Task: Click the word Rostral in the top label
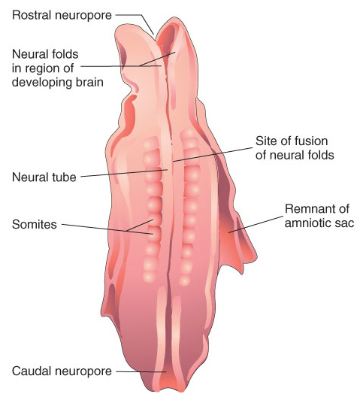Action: pyautogui.click(x=31, y=15)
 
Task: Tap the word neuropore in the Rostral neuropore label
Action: pyautogui.click(x=83, y=16)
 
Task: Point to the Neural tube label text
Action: pyautogui.click(x=44, y=177)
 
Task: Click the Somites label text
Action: pyautogui.click(x=35, y=224)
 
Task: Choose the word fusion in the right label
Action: pyautogui.click(x=310, y=141)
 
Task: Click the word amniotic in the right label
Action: pyautogui.click(x=310, y=223)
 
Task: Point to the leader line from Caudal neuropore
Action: pyautogui.click(x=141, y=371)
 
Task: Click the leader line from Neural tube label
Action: pyautogui.click(x=124, y=173)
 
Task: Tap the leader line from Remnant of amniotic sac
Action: pyautogui.click(x=256, y=224)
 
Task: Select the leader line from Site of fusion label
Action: pyautogui.click(x=213, y=154)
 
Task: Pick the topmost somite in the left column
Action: pyautogui.click(x=151, y=143)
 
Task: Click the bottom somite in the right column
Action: pyautogui.click(x=185, y=280)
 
